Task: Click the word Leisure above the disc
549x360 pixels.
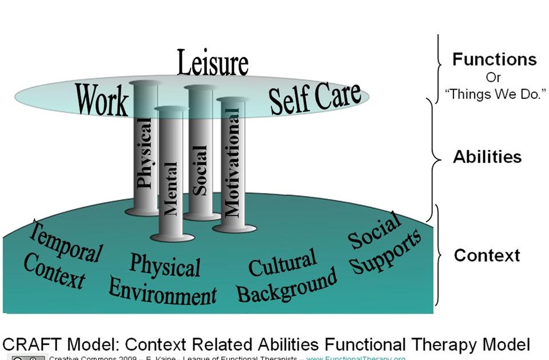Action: pos(212,63)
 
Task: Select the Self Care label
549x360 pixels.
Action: pos(315,97)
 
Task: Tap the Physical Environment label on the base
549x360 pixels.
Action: pos(164,281)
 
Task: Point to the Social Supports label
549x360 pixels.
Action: pos(384,246)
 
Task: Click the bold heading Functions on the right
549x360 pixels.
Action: pos(494,59)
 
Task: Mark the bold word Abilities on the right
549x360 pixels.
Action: pos(487,157)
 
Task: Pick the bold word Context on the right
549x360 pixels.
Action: pos(487,255)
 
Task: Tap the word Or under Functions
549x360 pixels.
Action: pos(494,77)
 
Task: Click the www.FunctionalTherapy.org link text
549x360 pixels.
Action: pos(356,358)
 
